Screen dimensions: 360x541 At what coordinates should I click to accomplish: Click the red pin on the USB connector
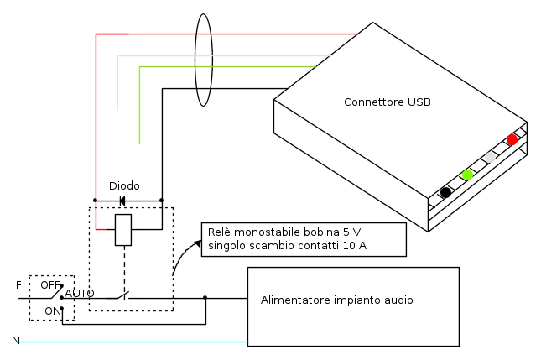tap(512, 139)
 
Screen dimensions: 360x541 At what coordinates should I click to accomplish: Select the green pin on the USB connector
tap(467, 175)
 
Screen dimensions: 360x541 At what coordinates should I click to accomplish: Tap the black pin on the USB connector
tap(445, 192)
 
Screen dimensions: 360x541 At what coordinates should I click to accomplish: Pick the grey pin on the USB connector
tap(490, 157)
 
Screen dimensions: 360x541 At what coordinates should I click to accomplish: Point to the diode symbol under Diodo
tap(122, 201)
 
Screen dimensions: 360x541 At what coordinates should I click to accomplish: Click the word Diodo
tap(124, 185)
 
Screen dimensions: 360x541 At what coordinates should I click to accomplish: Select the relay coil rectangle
tap(123, 230)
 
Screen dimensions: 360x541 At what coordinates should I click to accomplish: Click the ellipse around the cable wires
tap(203, 60)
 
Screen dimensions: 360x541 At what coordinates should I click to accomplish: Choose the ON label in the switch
tap(53, 310)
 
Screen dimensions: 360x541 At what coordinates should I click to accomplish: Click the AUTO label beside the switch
tap(80, 294)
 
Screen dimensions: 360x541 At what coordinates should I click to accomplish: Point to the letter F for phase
tap(18, 285)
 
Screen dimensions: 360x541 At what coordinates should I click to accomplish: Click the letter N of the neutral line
tap(15, 341)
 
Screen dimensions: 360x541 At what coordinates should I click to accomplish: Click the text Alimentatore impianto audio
tap(336, 300)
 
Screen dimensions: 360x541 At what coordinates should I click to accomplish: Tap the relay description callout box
tap(304, 239)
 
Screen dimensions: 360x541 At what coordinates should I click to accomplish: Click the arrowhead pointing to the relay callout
tap(197, 243)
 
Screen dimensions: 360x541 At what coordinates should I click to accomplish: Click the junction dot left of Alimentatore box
tap(205, 297)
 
